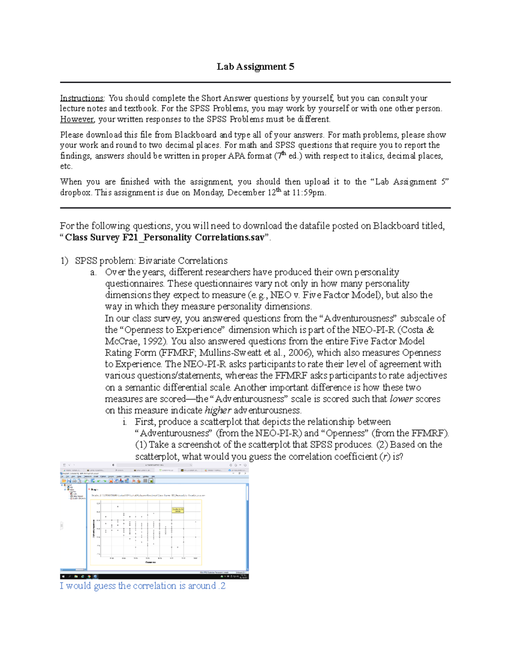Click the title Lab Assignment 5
point(255,66)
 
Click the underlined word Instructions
point(82,98)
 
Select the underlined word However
point(77,119)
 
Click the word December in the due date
point(251,192)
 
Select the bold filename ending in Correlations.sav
point(165,238)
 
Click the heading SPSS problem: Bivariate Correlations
point(151,260)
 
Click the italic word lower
point(401,399)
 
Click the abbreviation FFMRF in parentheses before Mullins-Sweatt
point(177,352)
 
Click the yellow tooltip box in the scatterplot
point(178,510)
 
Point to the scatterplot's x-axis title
point(150,562)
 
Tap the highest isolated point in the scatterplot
point(118,506)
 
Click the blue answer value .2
point(221,586)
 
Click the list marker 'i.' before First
point(124,422)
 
